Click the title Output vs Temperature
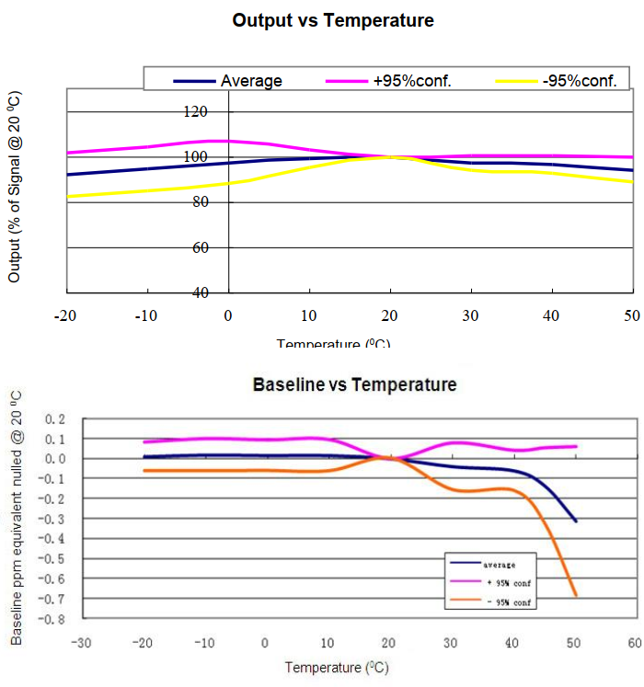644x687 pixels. [333, 19]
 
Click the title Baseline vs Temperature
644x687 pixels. [354, 384]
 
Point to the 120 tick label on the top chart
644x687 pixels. [197, 111]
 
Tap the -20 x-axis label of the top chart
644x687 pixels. [64, 315]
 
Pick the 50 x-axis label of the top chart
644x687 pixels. [631, 315]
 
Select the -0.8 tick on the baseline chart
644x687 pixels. [54, 619]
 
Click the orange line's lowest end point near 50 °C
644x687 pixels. [576, 596]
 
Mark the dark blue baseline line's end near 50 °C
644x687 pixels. [576, 521]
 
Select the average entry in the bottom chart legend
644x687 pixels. [500, 564]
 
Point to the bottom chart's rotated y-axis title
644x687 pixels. [17, 515]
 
